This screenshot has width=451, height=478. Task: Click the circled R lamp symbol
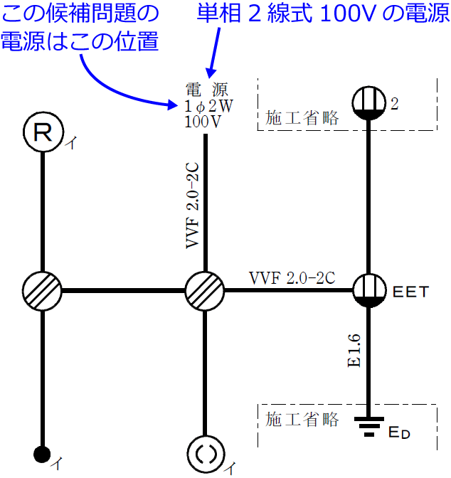click(43, 134)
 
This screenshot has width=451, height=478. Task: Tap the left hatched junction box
click(43, 290)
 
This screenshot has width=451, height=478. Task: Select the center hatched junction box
click(205, 290)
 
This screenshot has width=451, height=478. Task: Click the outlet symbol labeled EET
click(369, 290)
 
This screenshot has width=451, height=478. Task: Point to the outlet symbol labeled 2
click(369, 103)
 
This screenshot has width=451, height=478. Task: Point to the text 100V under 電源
click(203, 120)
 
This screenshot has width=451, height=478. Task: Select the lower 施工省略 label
click(302, 418)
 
